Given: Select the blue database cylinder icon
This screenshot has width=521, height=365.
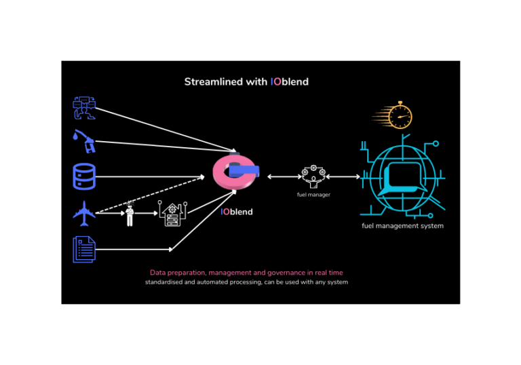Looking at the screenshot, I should pyautogui.click(x=84, y=177).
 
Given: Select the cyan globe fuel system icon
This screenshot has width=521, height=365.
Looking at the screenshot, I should pyautogui.click(x=403, y=178).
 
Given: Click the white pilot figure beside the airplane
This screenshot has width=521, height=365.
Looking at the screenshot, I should pyautogui.click(x=130, y=214).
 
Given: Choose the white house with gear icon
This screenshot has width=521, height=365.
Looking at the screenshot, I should pyautogui.click(x=171, y=214).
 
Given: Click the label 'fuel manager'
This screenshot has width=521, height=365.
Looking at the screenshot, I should pyautogui.click(x=313, y=195).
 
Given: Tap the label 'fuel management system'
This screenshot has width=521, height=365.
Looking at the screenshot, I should pyautogui.click(x=402, y=226).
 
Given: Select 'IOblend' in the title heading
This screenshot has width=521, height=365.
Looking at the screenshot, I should pyautogui.click(x=290, y=82).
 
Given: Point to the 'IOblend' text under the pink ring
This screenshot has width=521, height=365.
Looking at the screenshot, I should pyautogui.click(x=237, y=212).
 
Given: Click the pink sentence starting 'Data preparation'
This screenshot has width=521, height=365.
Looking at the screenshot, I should pyautogui.click(x=246, y=273).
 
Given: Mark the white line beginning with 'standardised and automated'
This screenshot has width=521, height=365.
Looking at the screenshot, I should pyautogui.click(x=246, y=282).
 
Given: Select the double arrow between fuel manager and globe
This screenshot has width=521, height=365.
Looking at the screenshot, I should pyautogui.click(x=345, y=177).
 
